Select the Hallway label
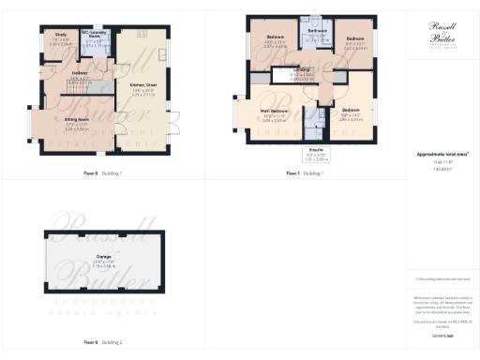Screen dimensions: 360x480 [80, 77]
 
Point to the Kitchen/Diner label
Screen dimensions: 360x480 [144, 84]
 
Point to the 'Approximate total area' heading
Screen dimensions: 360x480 [443, 154]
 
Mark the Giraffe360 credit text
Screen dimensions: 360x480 [443, 334]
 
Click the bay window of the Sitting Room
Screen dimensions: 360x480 [34, 124]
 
